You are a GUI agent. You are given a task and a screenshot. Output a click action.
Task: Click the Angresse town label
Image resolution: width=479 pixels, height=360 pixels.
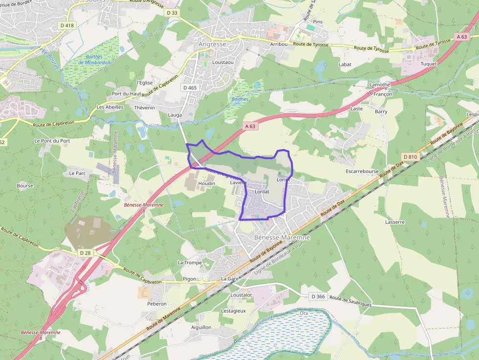tap(213, 44)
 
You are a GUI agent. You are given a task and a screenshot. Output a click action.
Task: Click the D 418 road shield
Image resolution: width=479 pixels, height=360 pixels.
tap(66, 25)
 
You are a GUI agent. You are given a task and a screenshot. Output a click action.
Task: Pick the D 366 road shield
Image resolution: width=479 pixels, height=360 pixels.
tap(318, 296)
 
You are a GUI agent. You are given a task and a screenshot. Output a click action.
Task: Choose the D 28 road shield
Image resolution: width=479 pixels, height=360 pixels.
tap(85, 253)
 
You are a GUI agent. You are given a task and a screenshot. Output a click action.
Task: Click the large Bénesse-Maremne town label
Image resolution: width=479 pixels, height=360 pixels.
tap(282, 237)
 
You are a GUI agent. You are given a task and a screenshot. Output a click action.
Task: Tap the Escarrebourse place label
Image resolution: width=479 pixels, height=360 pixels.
tap(362, 171)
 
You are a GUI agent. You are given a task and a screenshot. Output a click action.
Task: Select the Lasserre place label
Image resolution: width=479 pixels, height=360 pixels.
tap(395, 222)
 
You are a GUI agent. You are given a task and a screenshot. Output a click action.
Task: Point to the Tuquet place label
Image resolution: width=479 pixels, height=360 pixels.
tap(428, 64)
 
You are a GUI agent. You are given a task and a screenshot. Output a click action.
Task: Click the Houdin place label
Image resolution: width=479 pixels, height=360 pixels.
tap(207, 183)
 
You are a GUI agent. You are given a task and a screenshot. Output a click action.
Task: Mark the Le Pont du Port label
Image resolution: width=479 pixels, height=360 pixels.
tap(52, 141)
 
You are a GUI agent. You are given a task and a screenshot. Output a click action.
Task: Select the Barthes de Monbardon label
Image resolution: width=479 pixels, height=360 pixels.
tap(94, 60)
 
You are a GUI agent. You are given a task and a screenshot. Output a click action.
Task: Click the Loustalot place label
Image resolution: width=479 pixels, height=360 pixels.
tap(241, 295)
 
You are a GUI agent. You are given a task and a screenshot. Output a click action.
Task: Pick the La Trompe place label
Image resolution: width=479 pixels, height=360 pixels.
tap(190, 262)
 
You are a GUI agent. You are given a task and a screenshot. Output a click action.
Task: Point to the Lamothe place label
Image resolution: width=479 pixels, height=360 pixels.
tap(380, 85)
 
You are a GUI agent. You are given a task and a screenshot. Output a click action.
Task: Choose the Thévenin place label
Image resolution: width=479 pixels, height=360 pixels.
tap(144, 107)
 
